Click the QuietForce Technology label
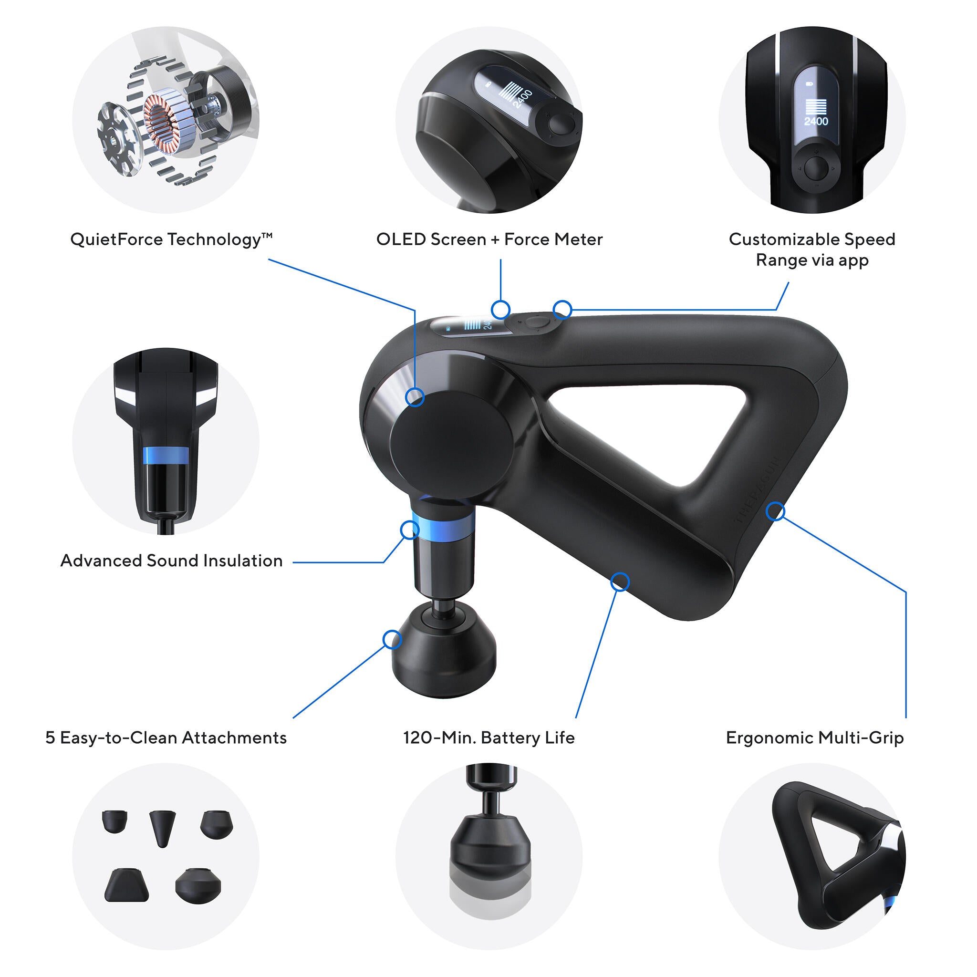tap(171, 239)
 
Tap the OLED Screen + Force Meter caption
tap(489, 239)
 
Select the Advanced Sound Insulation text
tap(171, 561)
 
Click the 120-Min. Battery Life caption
tap(488, 738)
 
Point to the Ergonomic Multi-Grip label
tap(814, 738)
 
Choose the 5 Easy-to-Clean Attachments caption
tap(166, 738)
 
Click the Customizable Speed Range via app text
tap(811, 249)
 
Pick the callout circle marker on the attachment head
tap(392, 640)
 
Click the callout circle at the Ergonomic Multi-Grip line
tap(775, 511)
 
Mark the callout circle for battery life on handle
tap(620, 582)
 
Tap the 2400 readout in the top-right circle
tap(816, 121)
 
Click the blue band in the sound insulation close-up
tap(166, 455)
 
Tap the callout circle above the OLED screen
tap(500, 309)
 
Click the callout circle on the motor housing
tap(415, 397)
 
